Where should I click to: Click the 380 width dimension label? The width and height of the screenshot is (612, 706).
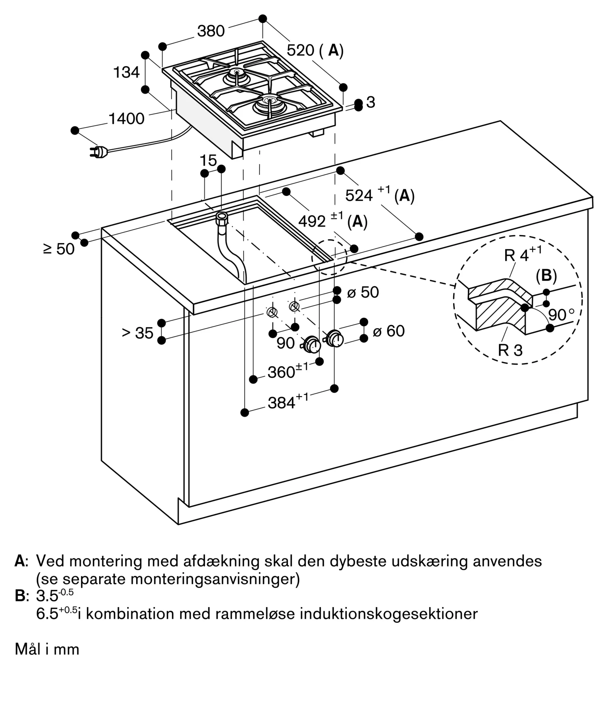pyautogui.click(x=211, y=31)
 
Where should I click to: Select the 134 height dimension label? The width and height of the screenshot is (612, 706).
pyautogui.click(x=126, y=73)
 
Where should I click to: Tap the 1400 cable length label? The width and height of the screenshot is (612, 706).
pyautogui.click(x=126, y=119)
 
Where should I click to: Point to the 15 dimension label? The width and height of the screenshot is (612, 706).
pyautogui.click(x=208, y=161)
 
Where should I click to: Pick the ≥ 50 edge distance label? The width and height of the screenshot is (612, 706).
pyautogui.click(x=59, y=249)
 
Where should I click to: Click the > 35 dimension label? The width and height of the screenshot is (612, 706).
pyautogui.click(x=138, y=333)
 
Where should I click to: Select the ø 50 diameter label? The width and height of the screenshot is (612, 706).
pyautogui.click(x=363, y=292)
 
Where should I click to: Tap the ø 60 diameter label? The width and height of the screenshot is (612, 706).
pyautogui.click(x=388, y=331)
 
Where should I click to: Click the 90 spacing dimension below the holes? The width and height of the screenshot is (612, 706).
pyautogui.click(x=285, y=343)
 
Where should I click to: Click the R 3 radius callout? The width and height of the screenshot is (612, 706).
pyautogui.click(x=510, y=350)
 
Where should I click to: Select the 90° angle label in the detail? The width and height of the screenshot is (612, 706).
pyautogui.click(x=561, y=314)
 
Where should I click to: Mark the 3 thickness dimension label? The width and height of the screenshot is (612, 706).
pyautogui.click(x=371, y=102)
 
